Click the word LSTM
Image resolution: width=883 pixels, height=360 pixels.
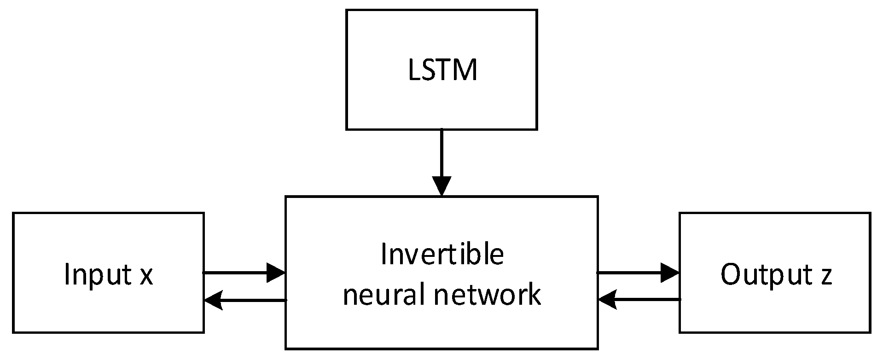click(442, 70)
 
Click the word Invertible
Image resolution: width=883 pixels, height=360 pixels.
click(442, 255)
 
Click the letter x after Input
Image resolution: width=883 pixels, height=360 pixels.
click(146, 276)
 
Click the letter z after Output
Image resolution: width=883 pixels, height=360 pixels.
click(826, 276)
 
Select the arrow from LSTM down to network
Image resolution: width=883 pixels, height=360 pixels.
click(441, 157)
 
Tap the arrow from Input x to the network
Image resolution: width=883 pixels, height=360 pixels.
click(239, 273)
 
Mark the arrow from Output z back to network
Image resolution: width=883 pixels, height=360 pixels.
click(645, 300)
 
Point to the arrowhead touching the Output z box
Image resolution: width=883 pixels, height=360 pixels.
click(670, 273)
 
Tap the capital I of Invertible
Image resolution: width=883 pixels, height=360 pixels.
click(383, 255)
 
